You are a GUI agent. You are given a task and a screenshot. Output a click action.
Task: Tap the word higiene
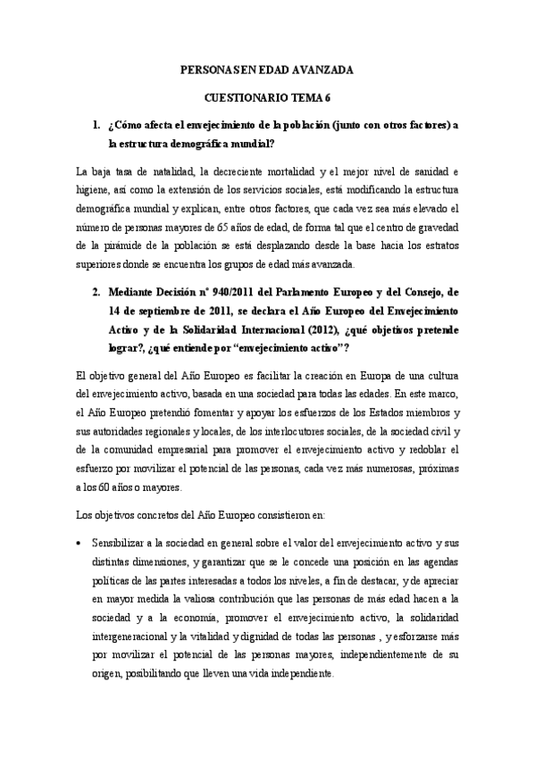(92, 191)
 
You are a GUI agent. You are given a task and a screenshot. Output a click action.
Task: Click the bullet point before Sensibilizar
(81, 543)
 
